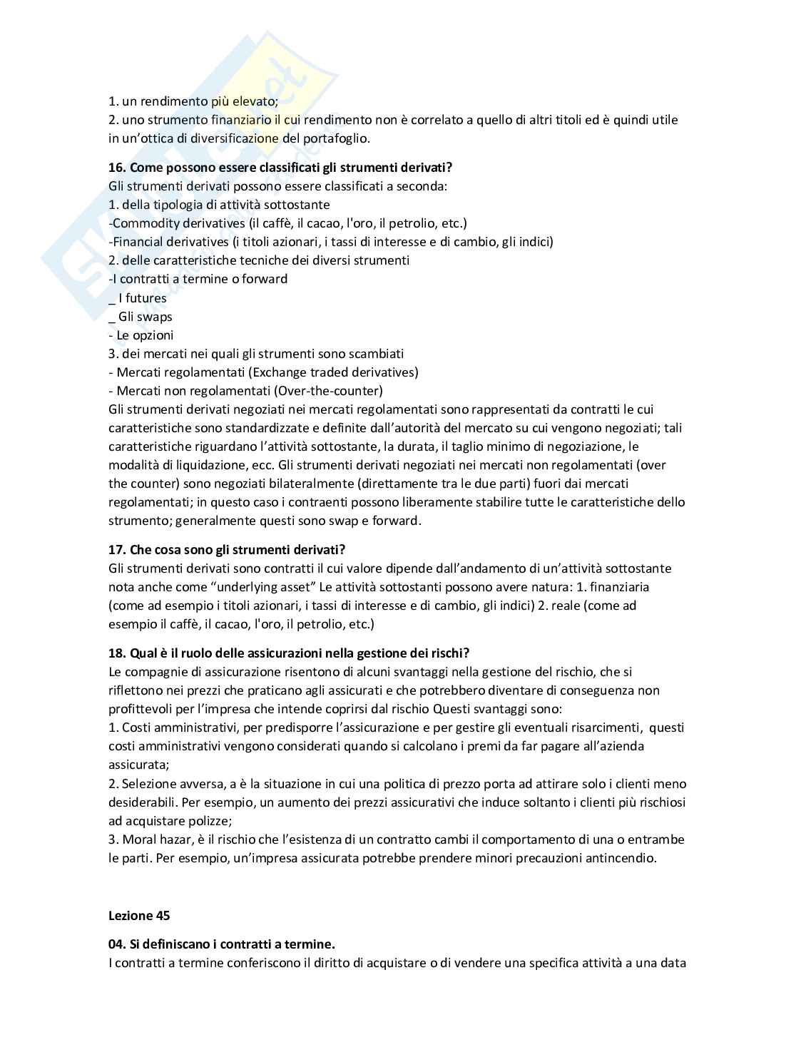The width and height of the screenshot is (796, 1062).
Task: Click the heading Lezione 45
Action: click(139, 916)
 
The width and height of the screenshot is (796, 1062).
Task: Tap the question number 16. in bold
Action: click(117, 168)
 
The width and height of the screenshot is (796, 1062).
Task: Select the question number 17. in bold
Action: click(117, 550)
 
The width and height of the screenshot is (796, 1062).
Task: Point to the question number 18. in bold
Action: click(117, 653)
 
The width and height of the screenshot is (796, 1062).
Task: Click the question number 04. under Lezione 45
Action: click(117, 944)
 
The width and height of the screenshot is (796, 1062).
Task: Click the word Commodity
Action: click(144, 223)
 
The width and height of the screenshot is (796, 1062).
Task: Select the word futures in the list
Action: click(146, 298)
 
